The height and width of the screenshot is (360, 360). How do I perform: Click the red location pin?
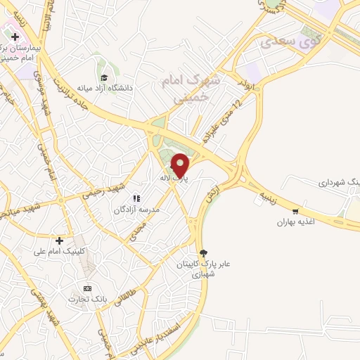coord(180,164)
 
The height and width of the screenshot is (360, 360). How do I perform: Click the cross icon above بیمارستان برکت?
coord(15,37)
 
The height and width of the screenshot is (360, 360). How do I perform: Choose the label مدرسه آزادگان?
coord(137,210)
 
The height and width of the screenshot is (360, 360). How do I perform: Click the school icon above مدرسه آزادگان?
coord(137,199)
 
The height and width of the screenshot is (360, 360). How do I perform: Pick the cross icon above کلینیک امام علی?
coord(68,240)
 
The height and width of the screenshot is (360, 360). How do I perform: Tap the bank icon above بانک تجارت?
coord(87,288)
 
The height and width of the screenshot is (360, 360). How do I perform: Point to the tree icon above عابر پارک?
coord(203,253)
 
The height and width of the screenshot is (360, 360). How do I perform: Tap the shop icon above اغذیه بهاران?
coord(295,211)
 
